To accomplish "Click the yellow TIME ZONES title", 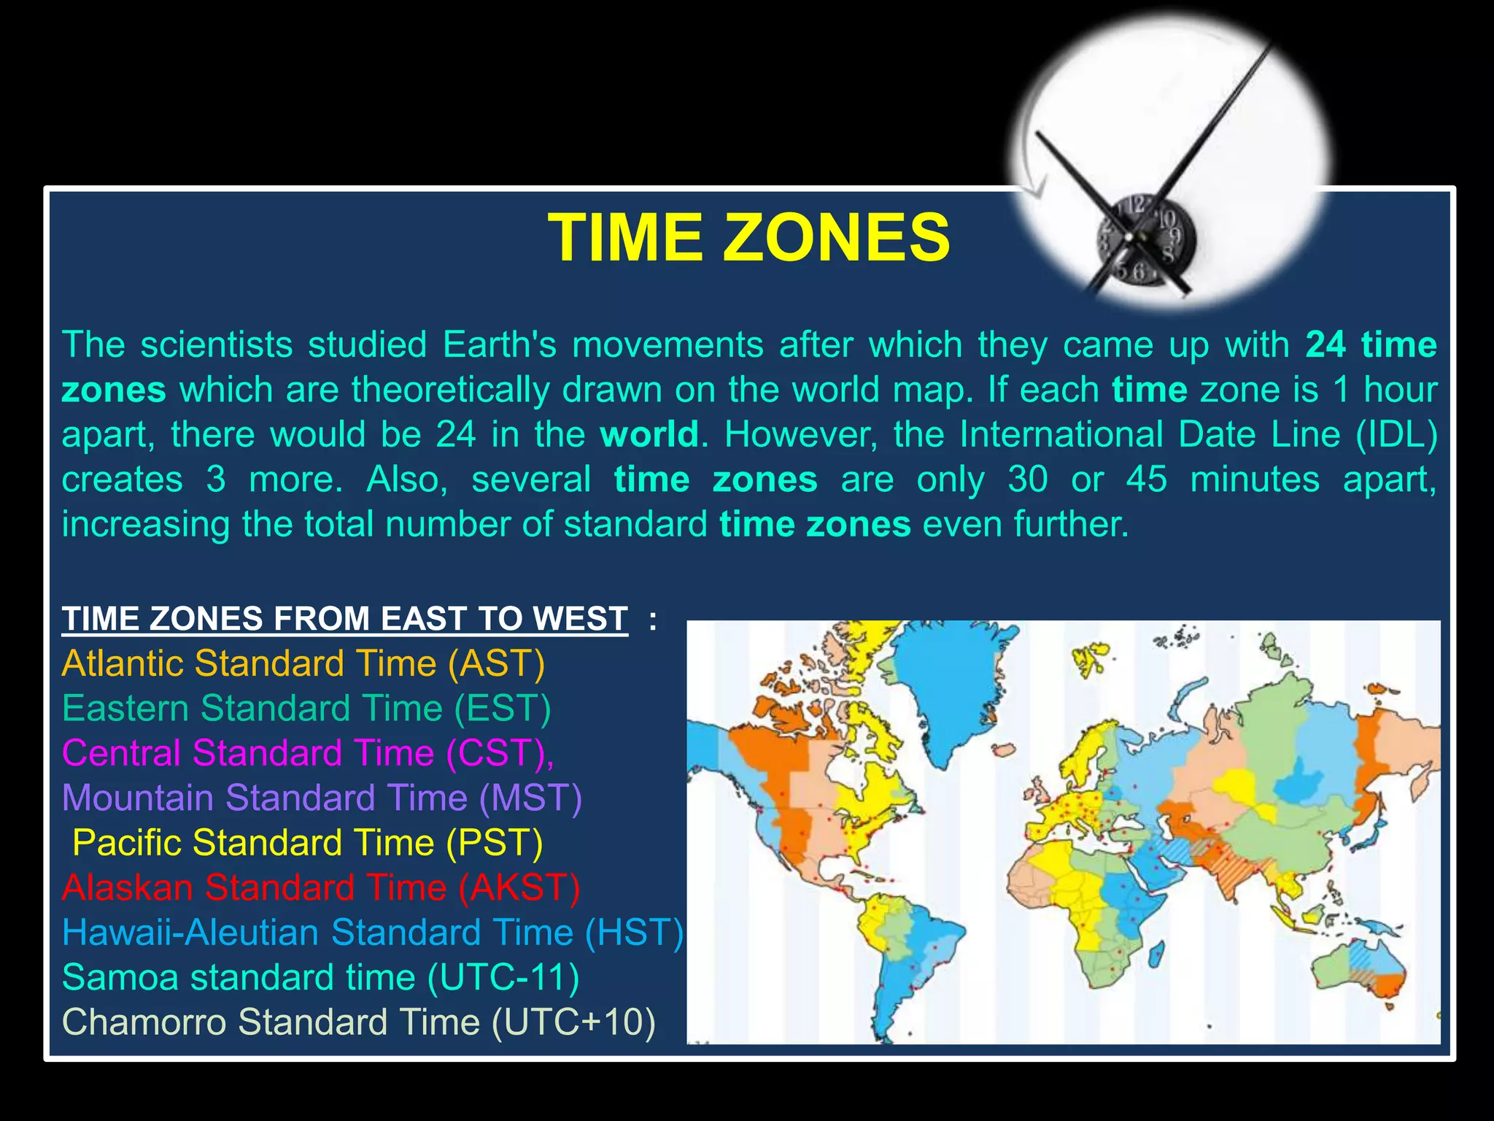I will coord(748,238).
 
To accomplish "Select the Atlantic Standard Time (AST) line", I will coord(303,663).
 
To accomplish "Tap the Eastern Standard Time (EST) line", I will coord(306,708).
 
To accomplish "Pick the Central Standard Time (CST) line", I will coord(308,753).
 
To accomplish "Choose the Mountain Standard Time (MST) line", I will coord(322,798).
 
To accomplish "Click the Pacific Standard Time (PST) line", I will coord(308,843).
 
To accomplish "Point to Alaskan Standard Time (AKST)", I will coord(321,887).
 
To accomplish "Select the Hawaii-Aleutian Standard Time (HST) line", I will coord(372,933).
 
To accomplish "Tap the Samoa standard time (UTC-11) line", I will coord(321,977).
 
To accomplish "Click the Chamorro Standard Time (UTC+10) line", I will coord(358,1022).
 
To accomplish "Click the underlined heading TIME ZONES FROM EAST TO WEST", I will coord(344,619).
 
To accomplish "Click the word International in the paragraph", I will coord(1061,435).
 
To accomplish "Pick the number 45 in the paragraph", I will coord(1147,480).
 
